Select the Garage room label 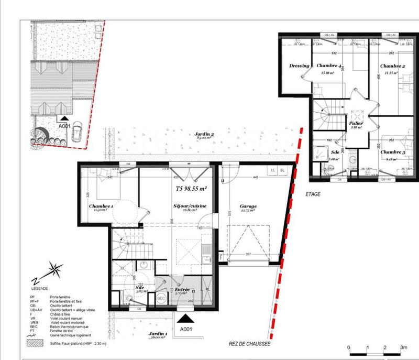click(248, 206)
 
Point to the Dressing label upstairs click(299, 66)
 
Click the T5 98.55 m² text click(191, 188)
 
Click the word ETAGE click(312, 194)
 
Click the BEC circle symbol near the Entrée click(162, 298)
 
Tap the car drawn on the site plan click(76, 132)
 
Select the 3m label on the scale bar click(403, 347)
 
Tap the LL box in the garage click(272, 170)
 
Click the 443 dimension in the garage click(255, 178)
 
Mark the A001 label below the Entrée click(187, 330)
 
